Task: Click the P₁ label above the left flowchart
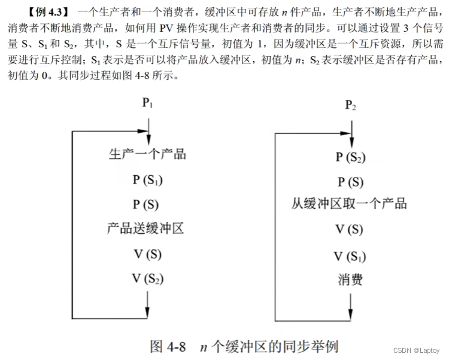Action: tap(147, 103)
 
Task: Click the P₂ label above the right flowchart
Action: tap(351, 106)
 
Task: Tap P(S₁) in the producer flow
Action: tap(147, 179)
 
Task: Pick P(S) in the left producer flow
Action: tap(146, 205)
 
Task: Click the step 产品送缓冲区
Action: tap(145, 228)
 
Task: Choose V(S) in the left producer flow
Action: tap(147, 254)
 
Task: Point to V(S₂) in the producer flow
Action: tap(147, 278)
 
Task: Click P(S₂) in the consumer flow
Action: tap(351, 157)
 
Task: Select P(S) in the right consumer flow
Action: tap(350, 182)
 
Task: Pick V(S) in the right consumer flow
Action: tap(349, 229)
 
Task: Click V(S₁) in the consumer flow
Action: tap(350, 257)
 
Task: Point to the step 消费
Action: tap(349, 279)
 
